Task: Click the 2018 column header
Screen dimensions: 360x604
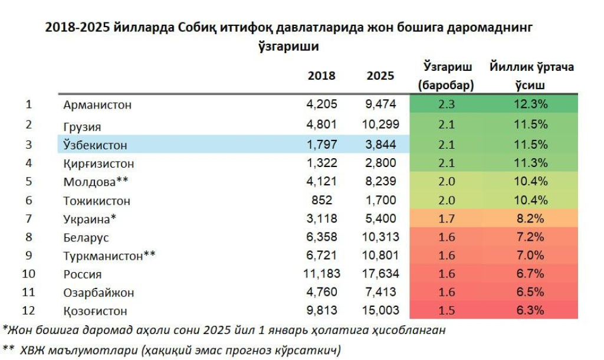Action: point(321,76)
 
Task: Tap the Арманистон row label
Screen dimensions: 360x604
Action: point(97,105)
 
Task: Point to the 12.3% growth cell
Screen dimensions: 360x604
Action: point(531,104)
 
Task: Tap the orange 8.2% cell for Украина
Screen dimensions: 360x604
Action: point(531,218)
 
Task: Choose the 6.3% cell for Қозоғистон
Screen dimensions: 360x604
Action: point(531,310)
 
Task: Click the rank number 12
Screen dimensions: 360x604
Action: point(28,310)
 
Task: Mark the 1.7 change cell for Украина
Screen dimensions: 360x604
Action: point(447,218)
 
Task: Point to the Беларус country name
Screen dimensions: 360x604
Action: point(86,238)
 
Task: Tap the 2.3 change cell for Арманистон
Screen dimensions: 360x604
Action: point(447,104)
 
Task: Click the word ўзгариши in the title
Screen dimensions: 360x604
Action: point(289,45)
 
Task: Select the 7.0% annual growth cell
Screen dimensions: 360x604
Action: point(531,256)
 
